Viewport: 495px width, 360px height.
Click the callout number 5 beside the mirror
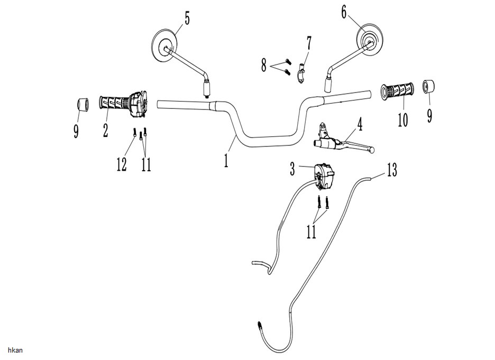point(187,19)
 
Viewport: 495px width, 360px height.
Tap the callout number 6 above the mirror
point(344,12)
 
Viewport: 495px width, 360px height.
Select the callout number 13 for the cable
point(392,170)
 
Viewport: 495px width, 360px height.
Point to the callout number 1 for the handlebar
point(226,160)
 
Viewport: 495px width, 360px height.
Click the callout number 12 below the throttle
point(122,164)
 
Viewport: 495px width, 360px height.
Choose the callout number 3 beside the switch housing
point(292,169)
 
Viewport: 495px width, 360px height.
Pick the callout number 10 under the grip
point(402,120)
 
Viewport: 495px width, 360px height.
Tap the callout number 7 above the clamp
point(308,43)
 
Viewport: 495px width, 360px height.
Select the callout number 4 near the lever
point(359,124)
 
